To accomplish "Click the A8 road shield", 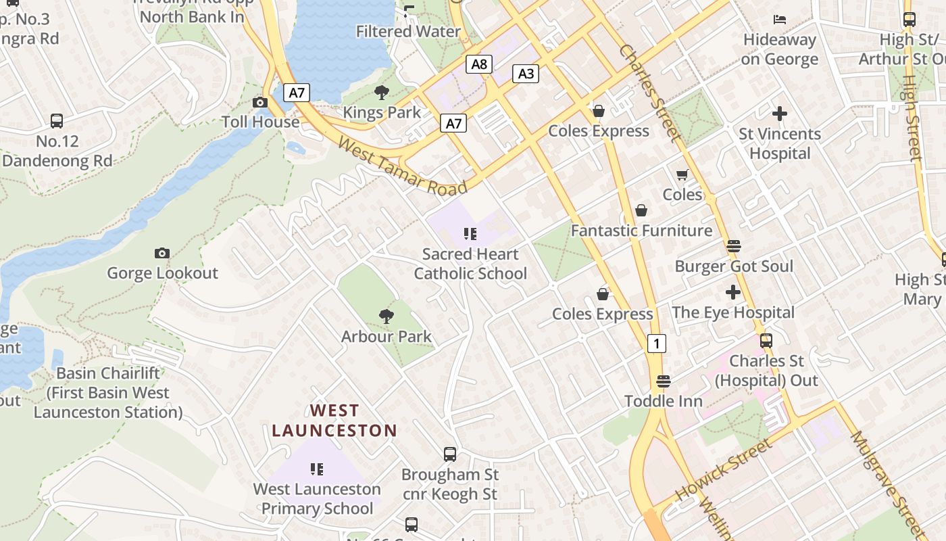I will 478,64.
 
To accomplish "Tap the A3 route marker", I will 526,74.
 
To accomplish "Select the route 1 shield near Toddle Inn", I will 656,343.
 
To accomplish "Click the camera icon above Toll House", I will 259,103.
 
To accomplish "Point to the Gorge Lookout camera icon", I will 161,254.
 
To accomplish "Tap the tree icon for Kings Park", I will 382,93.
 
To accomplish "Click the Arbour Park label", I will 386,336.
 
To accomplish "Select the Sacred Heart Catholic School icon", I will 470,235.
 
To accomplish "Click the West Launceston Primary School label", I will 317,498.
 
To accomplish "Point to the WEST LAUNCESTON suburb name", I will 334,420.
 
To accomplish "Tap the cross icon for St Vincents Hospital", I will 780,114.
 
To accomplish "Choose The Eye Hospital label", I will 732,312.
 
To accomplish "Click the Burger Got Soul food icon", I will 734,245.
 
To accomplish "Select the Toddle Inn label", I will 664,401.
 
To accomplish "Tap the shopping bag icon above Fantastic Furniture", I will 641,211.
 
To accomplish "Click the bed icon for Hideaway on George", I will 780,19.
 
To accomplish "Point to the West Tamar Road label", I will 402,166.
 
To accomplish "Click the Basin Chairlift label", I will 108,392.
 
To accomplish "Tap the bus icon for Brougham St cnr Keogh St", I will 449,454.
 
